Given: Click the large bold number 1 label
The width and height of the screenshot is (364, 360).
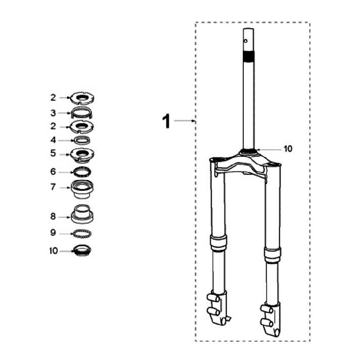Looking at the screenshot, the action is coord(166,121).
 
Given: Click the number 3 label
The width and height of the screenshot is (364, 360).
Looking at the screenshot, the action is coord(53,113).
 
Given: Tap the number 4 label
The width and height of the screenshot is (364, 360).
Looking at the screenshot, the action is coord(53,140).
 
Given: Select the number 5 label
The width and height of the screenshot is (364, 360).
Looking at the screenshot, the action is coord(53,153).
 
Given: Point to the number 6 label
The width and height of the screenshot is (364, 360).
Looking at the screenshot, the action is coord(53,172).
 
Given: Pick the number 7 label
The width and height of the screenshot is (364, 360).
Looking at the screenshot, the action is coord(53,187).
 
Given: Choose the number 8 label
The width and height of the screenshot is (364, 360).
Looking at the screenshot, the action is coord(53,216).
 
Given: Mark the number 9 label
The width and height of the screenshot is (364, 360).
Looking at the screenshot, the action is coord(53,233).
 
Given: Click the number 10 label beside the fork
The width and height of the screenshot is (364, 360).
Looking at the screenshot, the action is coord(288,149).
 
